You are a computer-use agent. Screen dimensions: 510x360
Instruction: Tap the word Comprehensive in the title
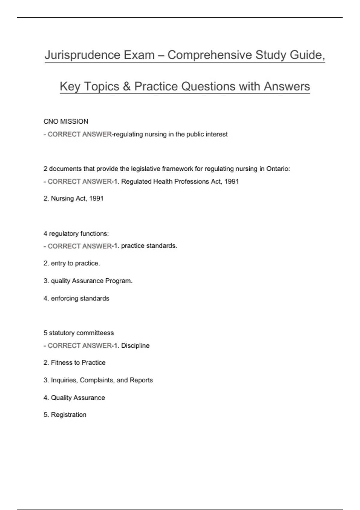[x=210, y=55]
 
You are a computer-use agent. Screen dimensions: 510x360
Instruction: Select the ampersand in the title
[x=126, y=86]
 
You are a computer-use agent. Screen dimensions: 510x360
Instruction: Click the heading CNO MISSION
[x=66, y=121]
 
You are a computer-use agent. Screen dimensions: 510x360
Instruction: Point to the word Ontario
[x=278, y=169]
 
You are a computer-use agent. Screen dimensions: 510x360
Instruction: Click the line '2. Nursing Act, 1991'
[x=73, y=199]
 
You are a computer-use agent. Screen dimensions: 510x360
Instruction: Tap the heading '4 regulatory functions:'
[x=76, y=233]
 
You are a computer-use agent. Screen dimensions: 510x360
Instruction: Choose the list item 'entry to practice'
[x=75, y=263]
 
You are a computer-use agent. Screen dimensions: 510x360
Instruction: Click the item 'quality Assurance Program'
[x=91, y=281]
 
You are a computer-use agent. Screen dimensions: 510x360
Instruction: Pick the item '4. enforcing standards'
[x=76, y=298]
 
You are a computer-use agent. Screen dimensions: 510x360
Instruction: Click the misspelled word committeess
[x=95, y=333]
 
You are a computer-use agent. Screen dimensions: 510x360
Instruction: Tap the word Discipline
[x=135, y=346]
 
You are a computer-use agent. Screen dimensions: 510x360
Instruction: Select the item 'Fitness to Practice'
[x=78, y=363]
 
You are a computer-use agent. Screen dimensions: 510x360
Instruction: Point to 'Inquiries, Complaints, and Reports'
[x=102, y=380]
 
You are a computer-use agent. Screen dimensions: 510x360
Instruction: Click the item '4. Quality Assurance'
[x=74, y=398]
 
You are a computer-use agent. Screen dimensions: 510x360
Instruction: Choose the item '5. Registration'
[x=65, y=415]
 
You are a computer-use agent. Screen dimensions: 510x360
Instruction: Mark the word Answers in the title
[x=287, y=86]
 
